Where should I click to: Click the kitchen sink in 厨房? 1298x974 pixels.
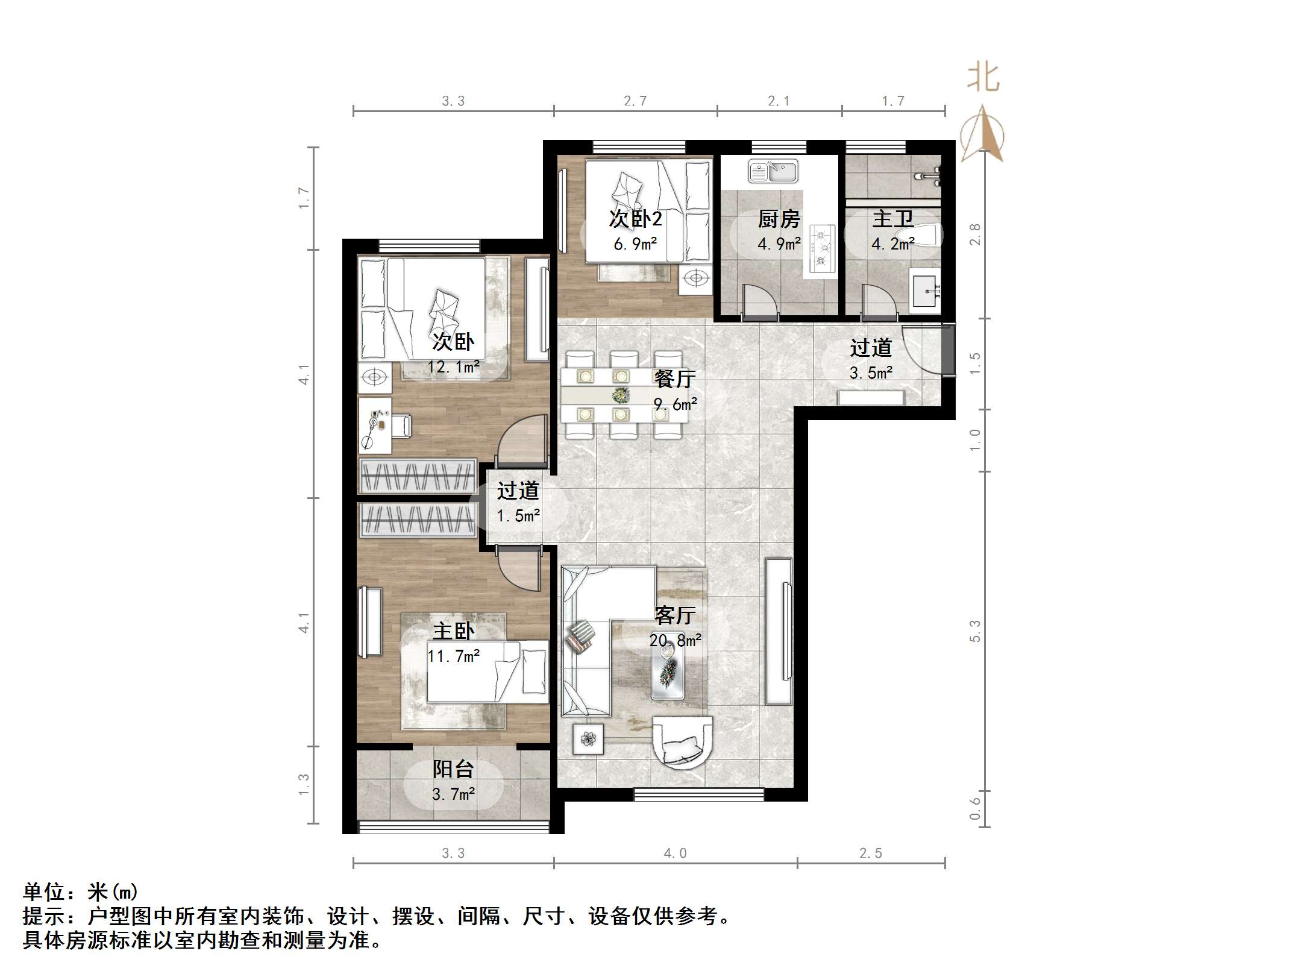click(773, 171)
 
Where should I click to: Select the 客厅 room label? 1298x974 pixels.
click(674, 615)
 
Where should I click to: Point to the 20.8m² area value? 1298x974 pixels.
click(675, 640)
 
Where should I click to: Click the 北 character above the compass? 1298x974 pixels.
click(983, 78)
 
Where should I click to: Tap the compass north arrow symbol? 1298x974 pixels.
click(982, 136)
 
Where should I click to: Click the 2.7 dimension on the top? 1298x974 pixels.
click(635, 101)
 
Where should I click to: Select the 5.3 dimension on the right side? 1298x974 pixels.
click(975, 630)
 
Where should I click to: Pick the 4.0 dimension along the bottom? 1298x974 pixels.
click(675, 853)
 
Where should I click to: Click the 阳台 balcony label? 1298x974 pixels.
click(453, 769)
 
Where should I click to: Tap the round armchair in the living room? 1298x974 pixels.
click(683, 742)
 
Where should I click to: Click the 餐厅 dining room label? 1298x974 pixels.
click(674, 379)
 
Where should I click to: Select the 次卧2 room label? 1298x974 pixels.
click(635, 219)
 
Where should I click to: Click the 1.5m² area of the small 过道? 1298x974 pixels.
click(518, 516)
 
